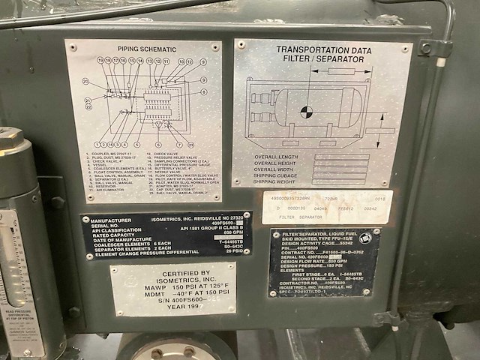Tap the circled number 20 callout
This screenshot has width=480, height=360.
coord(86,82)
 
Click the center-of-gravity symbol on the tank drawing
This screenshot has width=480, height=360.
coord(306,112)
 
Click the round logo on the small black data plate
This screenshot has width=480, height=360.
coord(364,238)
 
